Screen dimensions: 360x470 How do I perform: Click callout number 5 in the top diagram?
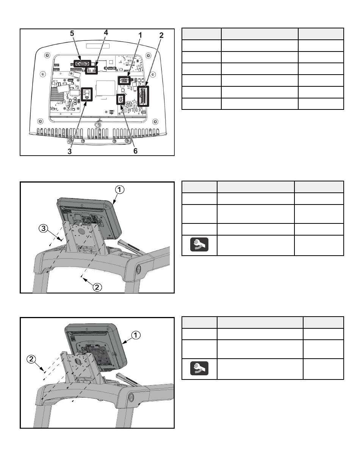[x=72, y=33]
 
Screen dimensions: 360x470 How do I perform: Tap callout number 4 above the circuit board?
[x=106, y=33]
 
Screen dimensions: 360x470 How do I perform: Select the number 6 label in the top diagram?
[x=135, y=151]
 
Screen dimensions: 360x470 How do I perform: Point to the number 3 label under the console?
[x=69, y=151]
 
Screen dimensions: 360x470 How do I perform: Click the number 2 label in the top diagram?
[x=161, y=35]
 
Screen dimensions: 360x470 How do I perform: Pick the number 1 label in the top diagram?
[x=140, y=35]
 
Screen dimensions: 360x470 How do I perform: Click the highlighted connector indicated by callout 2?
[x=143, y=96]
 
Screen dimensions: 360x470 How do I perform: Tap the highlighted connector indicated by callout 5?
[x=82, y=64]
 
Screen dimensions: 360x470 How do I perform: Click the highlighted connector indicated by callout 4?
[x=91, y=70]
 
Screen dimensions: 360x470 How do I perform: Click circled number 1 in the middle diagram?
[x=119, y=190]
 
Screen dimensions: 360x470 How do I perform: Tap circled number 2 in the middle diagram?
[x=97, y=287]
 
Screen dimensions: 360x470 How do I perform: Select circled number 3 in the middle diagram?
[x=43, y=228]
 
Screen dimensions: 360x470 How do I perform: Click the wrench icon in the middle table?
[x=199, y=244]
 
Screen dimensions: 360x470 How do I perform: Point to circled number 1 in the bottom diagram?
[x=136, y=335]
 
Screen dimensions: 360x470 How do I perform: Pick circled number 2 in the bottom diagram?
[x=31, y=359]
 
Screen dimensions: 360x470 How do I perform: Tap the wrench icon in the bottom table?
[x=199, y=368]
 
